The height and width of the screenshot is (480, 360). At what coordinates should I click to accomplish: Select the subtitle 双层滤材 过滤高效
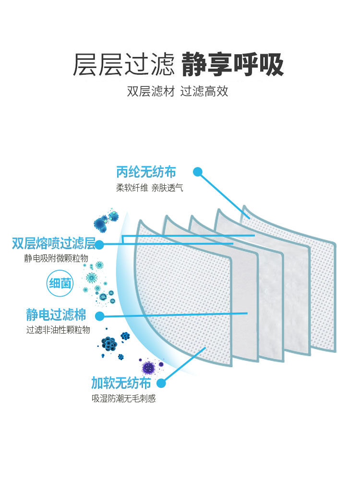tap(178, 91)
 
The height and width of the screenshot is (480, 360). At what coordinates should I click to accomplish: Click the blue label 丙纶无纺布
tap(146, 171)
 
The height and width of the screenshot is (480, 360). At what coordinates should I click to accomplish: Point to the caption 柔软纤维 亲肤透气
tap(149, 188)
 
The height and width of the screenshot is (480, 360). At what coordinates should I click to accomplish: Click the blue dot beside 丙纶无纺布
tap(198, 172)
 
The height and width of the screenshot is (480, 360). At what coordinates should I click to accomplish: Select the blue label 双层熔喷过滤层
tap(53, 243)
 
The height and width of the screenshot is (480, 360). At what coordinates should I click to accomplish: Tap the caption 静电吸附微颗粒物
tap(56, 259)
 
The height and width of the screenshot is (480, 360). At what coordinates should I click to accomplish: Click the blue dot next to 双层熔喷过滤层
tap(99, 245)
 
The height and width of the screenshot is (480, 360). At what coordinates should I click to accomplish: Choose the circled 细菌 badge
tap(60, 283)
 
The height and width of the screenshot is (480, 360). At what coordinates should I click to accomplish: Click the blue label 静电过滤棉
tap(56, 315)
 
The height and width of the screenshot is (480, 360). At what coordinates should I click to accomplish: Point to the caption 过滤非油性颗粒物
tap(58, 330)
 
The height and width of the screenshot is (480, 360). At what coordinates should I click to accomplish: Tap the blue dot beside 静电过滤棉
tap(100, 316)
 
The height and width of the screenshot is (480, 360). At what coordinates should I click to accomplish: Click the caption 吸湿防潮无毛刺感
tap(123, 399)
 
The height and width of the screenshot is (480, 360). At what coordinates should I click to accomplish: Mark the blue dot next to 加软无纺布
tap(161, 383)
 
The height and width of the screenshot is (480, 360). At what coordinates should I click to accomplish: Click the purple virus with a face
tap(149, 368)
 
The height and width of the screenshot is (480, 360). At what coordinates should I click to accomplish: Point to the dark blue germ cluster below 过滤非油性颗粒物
tap(109, 344)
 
